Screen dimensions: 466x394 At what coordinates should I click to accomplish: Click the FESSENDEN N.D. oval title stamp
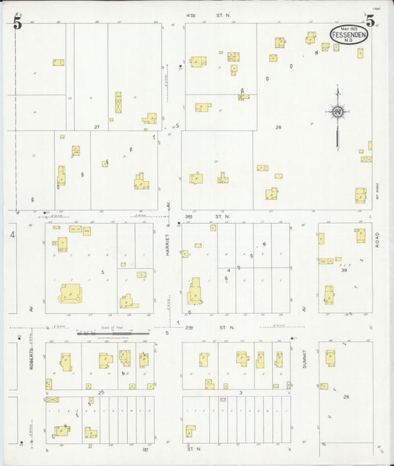[x=347, y=35]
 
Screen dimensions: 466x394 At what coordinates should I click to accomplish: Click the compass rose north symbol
[x=337, y=112]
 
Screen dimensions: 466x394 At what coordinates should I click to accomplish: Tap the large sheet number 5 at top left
[x=17, y=23]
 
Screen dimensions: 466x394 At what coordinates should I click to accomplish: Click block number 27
[x=97, y=127]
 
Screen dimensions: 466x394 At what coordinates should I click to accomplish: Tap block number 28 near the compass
[x=279, y=127]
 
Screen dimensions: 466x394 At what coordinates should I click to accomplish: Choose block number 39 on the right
[x=343, y=270]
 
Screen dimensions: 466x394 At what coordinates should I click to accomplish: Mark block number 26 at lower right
[x=345, y=397]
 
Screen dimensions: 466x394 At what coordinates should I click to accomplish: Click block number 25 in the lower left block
[x=101, y=391]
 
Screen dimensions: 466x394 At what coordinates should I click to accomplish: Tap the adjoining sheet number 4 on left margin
[x=13, y=235]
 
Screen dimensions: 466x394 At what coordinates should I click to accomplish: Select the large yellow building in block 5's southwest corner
[x=71, y=293]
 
